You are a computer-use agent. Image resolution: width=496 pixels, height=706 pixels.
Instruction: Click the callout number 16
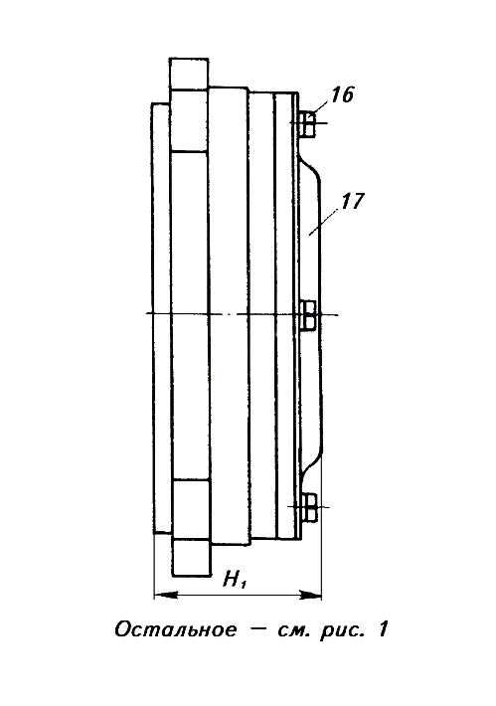point(343,95)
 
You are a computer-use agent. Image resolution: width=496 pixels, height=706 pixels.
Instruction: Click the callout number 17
point(352,201)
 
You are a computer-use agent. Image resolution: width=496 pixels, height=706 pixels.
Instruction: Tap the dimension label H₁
point(235,580)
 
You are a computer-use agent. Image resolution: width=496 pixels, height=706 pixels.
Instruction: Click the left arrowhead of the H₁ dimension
point(165,596)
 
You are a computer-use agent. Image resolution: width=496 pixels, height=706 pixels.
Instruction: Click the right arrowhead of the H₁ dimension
point(311,596)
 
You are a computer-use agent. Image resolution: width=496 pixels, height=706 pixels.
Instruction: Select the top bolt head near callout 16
point(307,123)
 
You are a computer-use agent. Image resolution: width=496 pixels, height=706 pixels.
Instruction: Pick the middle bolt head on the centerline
point(308,315)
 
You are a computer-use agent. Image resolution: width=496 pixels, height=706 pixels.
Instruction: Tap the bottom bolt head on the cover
point(309,507)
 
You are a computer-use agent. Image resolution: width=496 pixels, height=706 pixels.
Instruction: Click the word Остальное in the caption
point(175,629)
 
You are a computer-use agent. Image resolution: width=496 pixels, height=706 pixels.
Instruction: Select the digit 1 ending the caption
point(382,629)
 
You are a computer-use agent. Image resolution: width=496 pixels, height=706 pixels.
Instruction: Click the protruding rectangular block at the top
point(189,75)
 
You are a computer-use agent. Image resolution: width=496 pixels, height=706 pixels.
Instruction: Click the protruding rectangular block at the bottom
point(191,558)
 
